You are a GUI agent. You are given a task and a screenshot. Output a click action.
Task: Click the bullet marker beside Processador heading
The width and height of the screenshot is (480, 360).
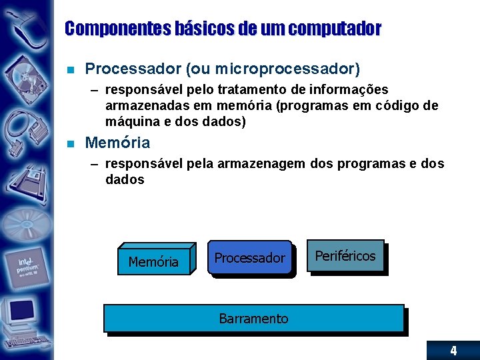(x=71, y=69)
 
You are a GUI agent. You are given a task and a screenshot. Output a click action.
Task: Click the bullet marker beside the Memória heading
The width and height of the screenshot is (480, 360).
(x=71, y=143)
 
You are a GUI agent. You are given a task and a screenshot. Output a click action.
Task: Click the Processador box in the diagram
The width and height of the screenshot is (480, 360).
(x=250, y=257)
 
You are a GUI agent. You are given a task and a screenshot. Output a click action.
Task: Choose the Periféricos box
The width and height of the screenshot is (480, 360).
(x=345, y=255)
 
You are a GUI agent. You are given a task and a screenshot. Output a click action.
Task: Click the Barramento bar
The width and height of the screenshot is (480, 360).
(x=254, y=319)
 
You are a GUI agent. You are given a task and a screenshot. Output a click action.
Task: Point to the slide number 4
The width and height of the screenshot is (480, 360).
(x=453, y=351)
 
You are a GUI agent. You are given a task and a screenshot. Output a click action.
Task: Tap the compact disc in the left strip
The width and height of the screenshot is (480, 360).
(x=23, y=223)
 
